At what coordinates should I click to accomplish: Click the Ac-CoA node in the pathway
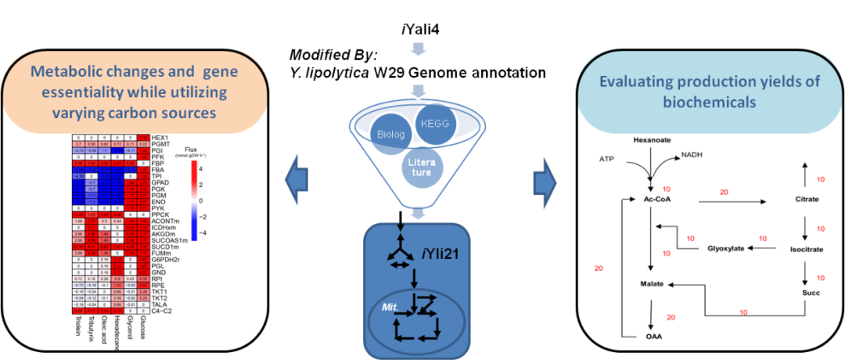tap(654, 200)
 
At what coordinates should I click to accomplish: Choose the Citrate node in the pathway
tap(806, 200)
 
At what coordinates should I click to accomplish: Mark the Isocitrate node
tap(807, 249)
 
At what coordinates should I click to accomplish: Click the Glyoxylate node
tap(724, 249)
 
